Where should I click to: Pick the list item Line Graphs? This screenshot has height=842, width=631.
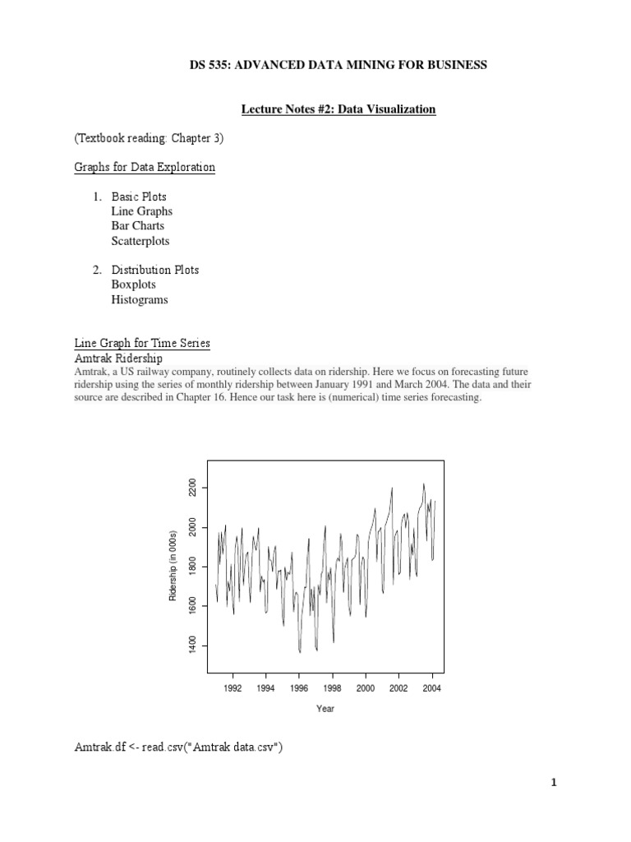tap(142, 211)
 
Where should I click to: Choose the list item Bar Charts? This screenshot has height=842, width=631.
tap(138, 226)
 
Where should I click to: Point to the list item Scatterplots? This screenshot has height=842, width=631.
tap(140, 241)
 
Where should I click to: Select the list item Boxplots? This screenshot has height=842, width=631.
tap(134, 285)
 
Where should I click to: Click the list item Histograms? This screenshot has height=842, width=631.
tap(140, 300)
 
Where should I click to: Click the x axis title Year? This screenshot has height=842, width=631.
tap(325, 709)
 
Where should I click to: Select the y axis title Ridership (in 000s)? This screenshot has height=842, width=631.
tap(173, 567)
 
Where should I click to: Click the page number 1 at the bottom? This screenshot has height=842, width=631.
tap(555, 784)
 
